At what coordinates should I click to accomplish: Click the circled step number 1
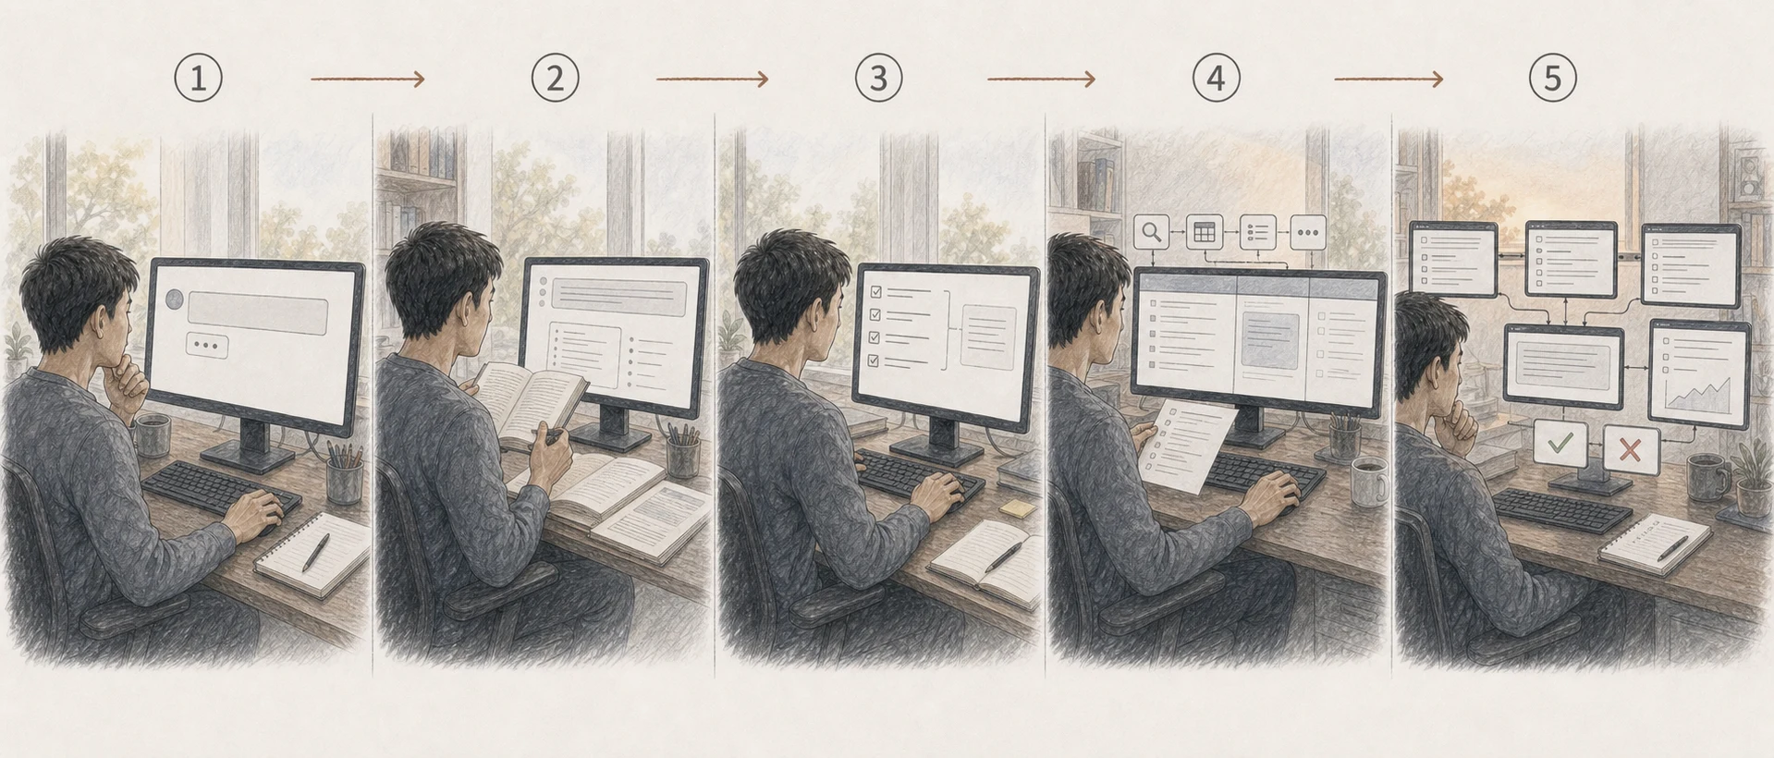(x=198, y=78)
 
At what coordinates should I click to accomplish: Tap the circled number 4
(x=1216, y=78)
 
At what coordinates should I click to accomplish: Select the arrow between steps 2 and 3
(x=712, y=79)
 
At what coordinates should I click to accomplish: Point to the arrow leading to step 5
(x=1388, y=79)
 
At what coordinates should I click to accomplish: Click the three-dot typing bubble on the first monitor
(x=207, y=346)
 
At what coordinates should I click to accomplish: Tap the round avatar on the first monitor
(x=174, y=299)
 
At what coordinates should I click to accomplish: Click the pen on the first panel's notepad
(x=315, y=552)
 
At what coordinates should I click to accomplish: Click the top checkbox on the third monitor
(x=875, y=292)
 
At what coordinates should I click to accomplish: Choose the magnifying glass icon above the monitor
(x=1151, y=232)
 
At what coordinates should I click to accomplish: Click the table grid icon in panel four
(x=1204, y=232)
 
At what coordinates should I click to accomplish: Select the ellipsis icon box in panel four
(x=1307, y=232)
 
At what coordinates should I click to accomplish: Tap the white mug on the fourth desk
(x=1369, y=481)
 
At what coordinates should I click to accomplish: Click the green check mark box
(x=1560, y=444)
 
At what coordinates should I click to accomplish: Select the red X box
(x=1631, y=449)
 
